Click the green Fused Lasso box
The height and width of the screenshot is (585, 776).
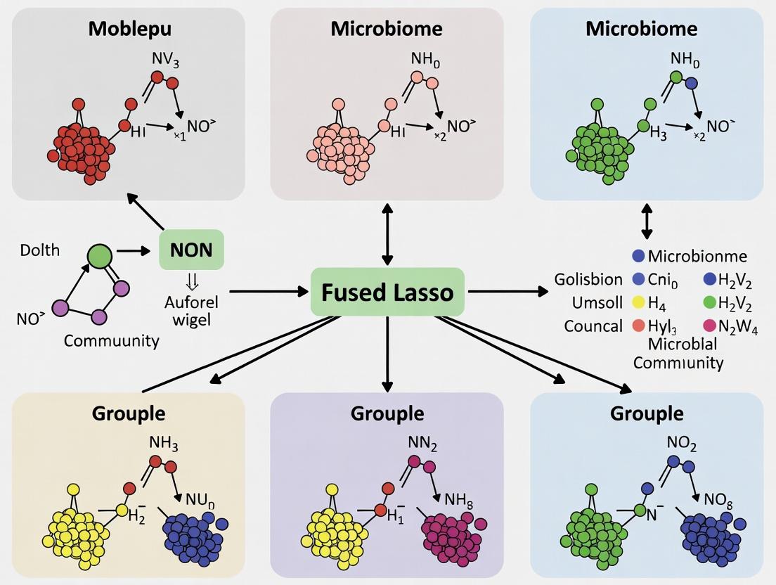387,292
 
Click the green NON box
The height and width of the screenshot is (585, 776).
191,250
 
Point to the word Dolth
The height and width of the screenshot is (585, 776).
40,250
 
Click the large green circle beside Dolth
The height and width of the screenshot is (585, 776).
100,255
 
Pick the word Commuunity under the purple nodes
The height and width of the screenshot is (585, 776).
111,341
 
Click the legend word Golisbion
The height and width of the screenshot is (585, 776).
588,279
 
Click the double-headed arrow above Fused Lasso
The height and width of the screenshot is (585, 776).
386,229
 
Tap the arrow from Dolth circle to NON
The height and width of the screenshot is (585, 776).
133,250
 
